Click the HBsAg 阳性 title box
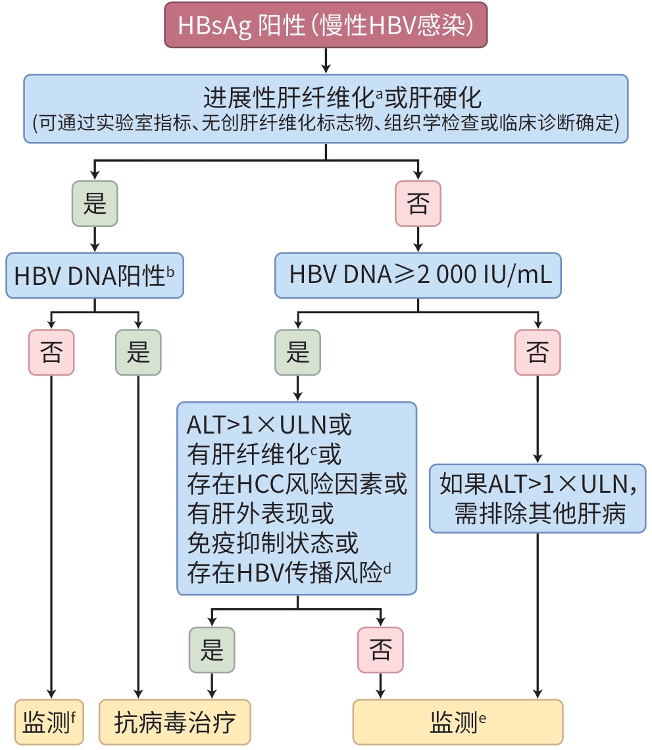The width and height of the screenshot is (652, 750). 326,24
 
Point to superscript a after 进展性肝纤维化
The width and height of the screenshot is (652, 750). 379,94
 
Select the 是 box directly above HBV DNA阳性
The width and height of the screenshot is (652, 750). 95,204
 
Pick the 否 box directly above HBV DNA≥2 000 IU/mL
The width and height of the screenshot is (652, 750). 418,204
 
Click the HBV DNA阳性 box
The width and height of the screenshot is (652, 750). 95,275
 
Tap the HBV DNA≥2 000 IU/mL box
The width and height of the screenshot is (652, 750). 418,275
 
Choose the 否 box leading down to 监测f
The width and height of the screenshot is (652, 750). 51,353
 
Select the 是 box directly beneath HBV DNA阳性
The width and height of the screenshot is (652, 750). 138,353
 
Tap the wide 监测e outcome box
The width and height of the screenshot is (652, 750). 458,722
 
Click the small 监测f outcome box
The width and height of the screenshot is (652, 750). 50,722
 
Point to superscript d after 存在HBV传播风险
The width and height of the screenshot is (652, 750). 387,569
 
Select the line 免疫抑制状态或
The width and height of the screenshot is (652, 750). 273,543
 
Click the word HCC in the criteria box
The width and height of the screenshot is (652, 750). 260,484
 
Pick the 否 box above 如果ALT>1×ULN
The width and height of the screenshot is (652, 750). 538,353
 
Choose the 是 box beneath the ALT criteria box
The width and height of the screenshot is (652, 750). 212,650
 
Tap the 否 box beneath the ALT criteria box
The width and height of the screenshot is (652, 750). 380,650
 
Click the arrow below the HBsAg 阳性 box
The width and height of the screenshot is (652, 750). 326,61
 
